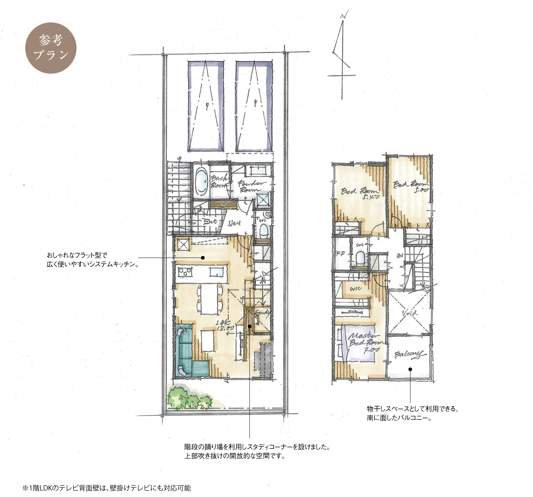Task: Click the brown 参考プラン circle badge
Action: pos(51,48)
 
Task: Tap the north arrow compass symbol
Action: pos(341,54)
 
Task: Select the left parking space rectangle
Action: pos(206,106)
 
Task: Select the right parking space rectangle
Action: pos(254,106)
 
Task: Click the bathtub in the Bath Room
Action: pos(201,182)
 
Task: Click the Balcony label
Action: pos(408,355)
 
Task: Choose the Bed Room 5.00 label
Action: pos(411,186)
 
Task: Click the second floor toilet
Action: pos(360,258)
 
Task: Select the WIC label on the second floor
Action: pos(355,289)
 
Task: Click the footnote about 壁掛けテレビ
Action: pos(107,488)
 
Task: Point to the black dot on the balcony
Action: pos(410,369)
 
